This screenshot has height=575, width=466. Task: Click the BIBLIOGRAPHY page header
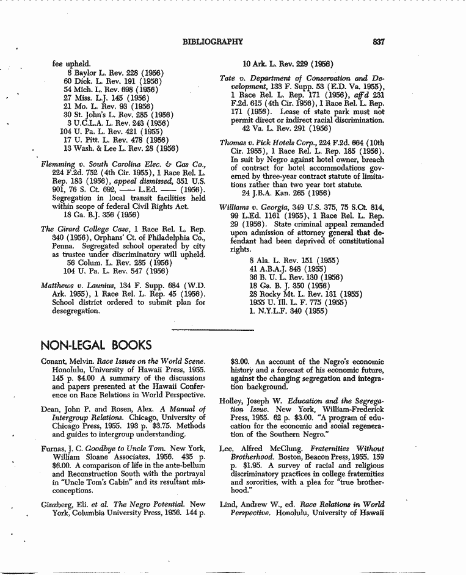point(213,42)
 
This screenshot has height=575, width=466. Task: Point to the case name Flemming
point(57,165)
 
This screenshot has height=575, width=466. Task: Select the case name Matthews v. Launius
point(82,286)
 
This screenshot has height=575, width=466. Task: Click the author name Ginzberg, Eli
point(63,505)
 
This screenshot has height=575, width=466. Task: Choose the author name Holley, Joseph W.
point(248,401)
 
